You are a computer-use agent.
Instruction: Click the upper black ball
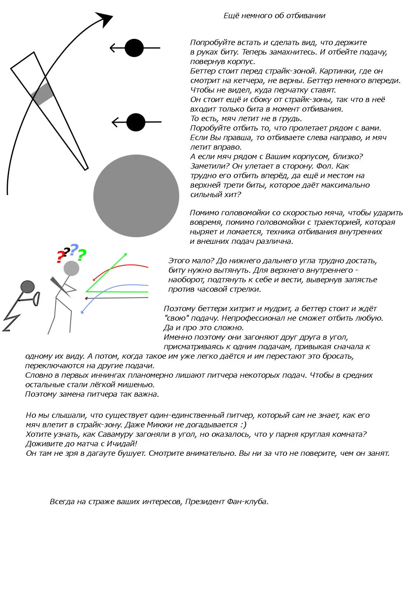pyautogui.click(x=134, y=48)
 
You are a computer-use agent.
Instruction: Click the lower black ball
pyautogui.click(x=136, y=122)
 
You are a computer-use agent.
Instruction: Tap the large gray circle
pyautogui.click(x=136, y=196)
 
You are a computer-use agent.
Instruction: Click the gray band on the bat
pyautogui.click(x=43, y=94)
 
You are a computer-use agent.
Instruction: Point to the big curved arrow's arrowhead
pyautogui.click(x=106, y=18)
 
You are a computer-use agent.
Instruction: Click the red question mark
pyautogui.click(x=61, y=257)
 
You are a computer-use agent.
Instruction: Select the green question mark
pyautogui.click(x=82, y=255)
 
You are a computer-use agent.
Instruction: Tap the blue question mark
pyautogui.click(x=74, y=250)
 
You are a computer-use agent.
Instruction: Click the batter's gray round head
pyautogui.click(x=71, y=269)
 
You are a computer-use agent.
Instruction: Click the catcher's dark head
pyautogui.click(x=27, y=286)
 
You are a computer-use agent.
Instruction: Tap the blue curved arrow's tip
pyautogui.click(x=82, y=312)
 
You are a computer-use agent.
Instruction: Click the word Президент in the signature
pyautogui.click(x=204, y=502)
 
